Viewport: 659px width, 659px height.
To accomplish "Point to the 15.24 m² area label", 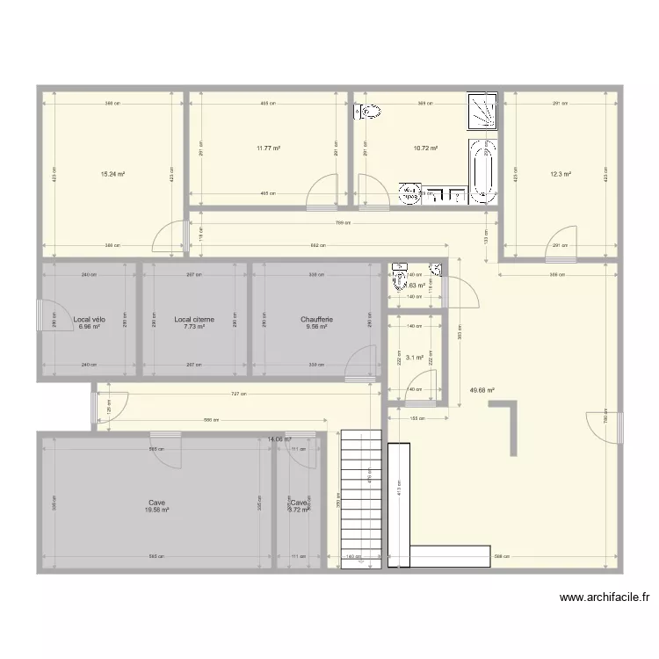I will tap(112, 175).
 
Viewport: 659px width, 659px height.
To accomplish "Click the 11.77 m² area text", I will tap(268, 148).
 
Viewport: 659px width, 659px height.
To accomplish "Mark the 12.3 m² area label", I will tap(561, 175).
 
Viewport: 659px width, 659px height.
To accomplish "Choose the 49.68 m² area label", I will tap(484, 391).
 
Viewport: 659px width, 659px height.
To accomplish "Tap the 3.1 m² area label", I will tap(414, 358).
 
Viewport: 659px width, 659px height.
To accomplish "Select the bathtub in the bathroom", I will tap(482, 172).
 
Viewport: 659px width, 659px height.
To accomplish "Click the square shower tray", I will tap(482, 110).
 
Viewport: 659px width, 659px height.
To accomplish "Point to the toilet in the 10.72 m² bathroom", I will tap(368, 112).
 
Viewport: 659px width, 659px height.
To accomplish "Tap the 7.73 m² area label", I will tap(194, 327).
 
